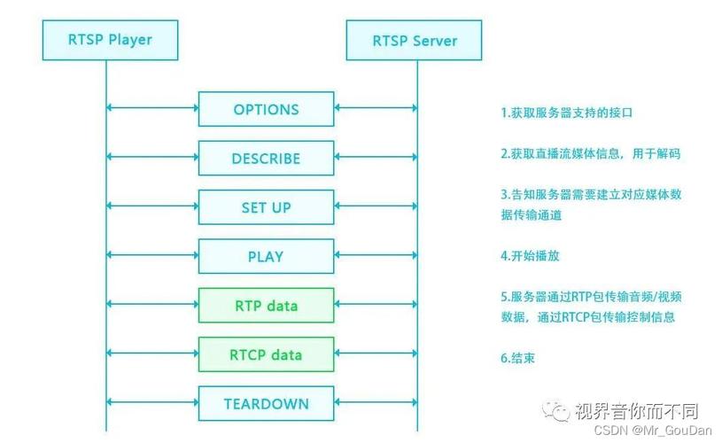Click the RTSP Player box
(x=110, y=40)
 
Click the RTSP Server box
(x=415, y=40)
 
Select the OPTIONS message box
(x=266, y=110)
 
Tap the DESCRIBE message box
(x=266, y=159)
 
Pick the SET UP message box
(x=266, y=208)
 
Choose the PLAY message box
(x=266, y=257)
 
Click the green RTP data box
(x=266, y=306)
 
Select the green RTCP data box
(x=266, y=354)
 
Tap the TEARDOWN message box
(x=266, y=404)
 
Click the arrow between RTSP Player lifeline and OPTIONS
(x=151, y=110)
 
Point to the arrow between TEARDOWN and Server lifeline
(x=376, y=404)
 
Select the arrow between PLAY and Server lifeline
(x=376, y=257)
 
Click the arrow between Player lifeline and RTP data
(x=151, y=306)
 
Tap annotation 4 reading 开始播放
(x=530, y=256)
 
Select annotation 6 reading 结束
(x=517, y=359)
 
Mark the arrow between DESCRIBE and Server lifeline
(x=376, y=159)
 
